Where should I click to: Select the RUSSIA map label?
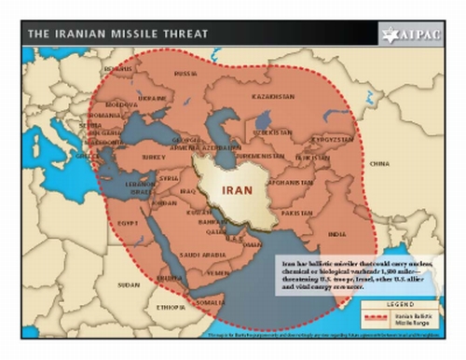[186, 73]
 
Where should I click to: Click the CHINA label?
[378, 162]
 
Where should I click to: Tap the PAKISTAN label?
[297, 213]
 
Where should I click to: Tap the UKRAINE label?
[152, 96]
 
